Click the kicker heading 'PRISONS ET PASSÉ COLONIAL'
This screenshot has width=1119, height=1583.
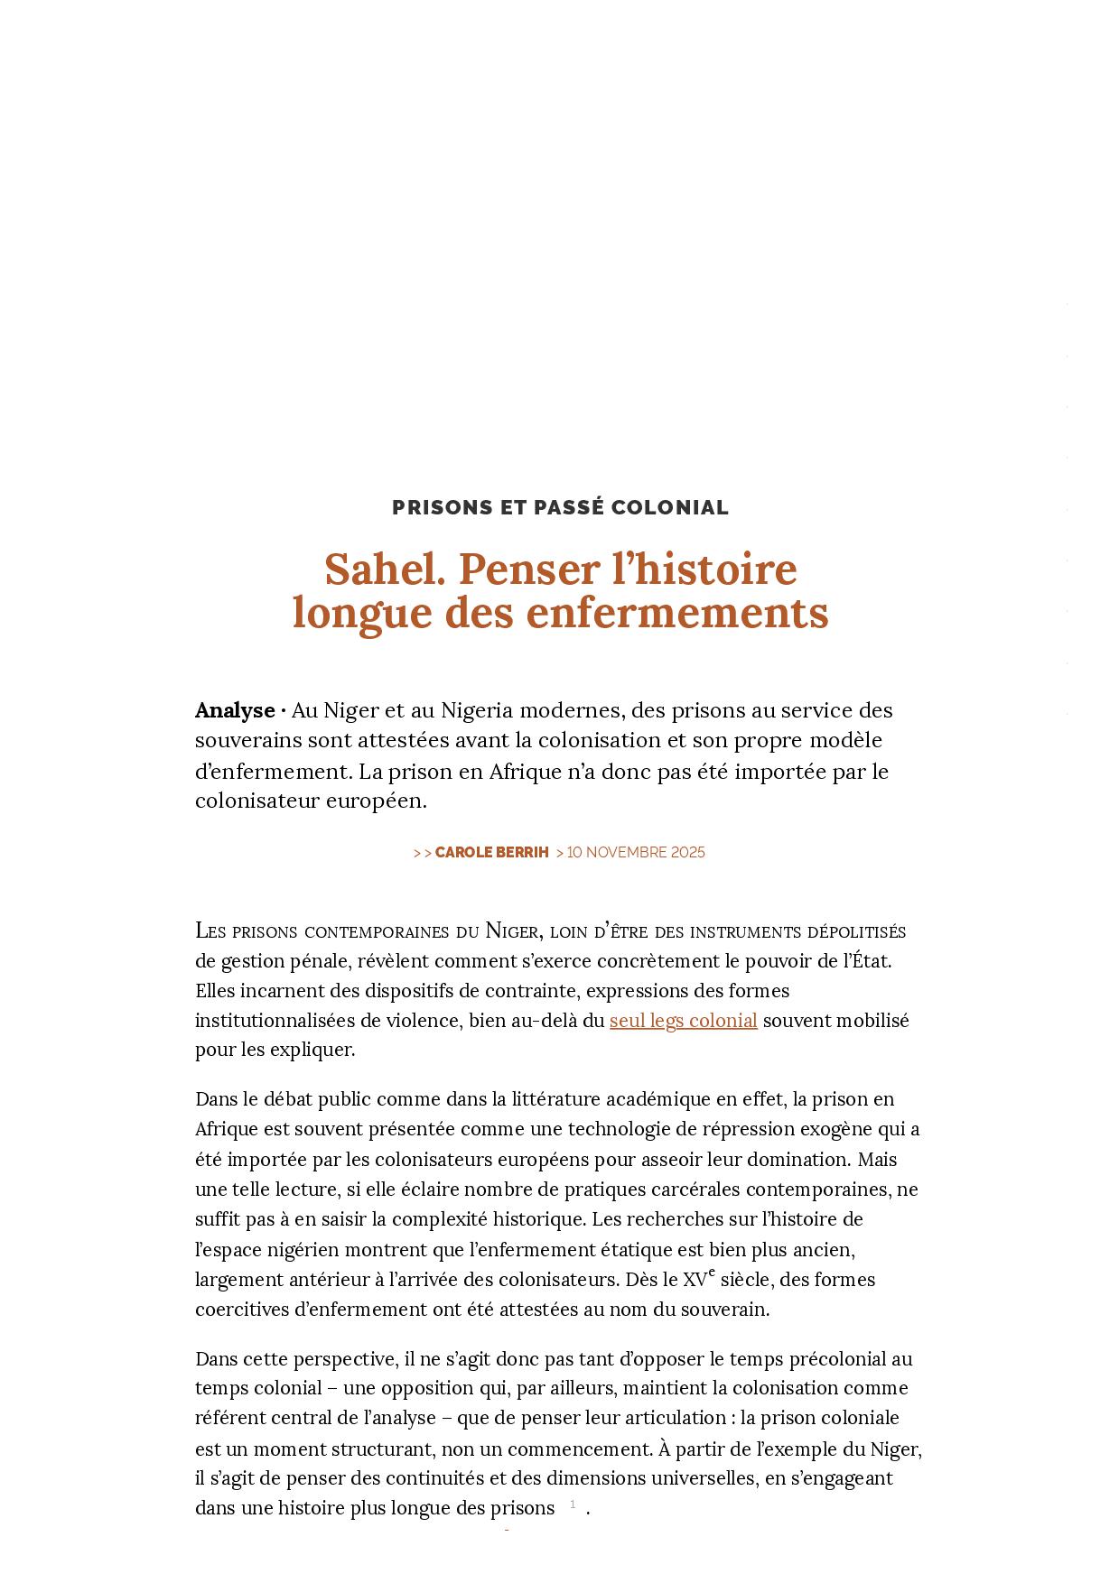click(x=560, y=507)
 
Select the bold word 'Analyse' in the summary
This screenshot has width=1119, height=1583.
click(x=235, y=710)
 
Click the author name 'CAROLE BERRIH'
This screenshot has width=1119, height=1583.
click(x=491, y=853)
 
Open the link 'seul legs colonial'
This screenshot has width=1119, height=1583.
click(x=683, y=1021)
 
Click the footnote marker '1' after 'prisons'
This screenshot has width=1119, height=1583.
click(x=573, y=1504)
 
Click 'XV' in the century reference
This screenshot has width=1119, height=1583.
click(x=694, y=1280)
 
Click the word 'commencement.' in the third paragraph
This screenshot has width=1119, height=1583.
click(x=579, y=1449)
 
